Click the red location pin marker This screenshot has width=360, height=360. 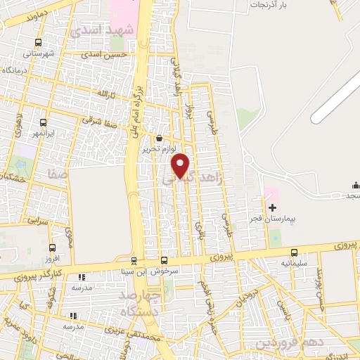pyautogui.click(x=181, y=165)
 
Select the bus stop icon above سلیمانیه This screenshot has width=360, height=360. pyautogui.click(x=293, y=252)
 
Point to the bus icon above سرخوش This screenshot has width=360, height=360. pyautogui.click(x=165, y=259)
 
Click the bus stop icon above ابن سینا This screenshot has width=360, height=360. pyautogui.click(x=133, y=260)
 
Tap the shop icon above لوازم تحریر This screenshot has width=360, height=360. pyautogui.click(x=161, y=139)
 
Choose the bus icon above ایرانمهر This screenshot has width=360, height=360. pyautogui.click(x=44, y=122)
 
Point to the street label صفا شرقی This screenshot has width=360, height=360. pyautogui.click(x=98, y=120)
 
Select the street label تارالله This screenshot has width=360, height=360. pyautogui.click(x=102, y=94)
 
